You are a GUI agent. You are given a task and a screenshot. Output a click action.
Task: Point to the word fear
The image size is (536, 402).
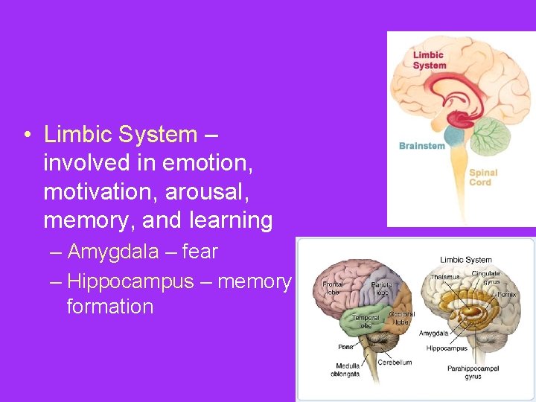(200, 252)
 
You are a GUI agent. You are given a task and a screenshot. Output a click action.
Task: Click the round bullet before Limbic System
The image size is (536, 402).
(26, 135)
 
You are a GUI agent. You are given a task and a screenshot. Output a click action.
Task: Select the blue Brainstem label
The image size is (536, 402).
(421, 146)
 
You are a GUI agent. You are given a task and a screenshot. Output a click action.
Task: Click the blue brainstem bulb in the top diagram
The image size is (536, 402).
(453, 136)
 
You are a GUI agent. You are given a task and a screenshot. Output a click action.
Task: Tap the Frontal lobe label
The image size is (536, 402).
(332, 288)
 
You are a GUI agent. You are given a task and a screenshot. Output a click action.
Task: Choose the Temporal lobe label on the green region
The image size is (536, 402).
(366, 320)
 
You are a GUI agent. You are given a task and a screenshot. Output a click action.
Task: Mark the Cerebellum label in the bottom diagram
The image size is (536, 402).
(395, 363)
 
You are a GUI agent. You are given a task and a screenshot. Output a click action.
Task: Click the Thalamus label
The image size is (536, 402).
(445, 278)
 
